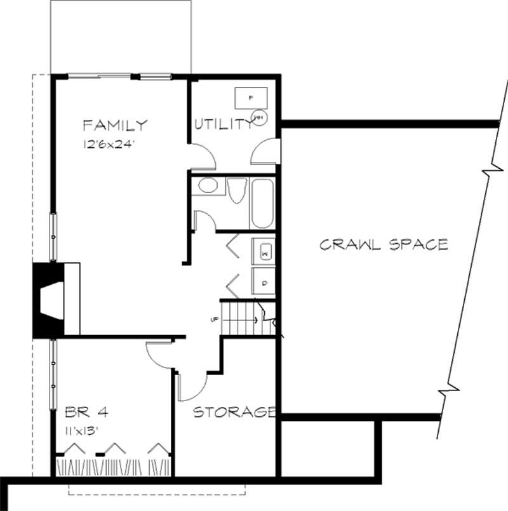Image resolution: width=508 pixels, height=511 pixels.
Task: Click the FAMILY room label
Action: (115, 124)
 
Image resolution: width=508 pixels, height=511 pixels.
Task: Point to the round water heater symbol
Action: (260, 117)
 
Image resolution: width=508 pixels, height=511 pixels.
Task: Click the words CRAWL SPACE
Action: (384, 244)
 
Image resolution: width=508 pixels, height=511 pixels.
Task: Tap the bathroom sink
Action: (207, 186)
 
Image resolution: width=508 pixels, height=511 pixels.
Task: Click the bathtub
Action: (262, 203)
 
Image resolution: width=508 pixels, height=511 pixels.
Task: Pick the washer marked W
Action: (264, 253)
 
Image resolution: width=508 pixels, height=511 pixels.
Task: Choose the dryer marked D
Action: (264, 281)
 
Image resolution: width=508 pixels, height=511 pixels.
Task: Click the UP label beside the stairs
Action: (214, 319)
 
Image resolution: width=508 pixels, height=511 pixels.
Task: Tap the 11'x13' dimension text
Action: (85, 430)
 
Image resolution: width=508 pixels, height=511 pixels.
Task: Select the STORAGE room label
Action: (234, 413)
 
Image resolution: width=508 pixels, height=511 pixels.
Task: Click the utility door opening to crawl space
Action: (265, 152)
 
